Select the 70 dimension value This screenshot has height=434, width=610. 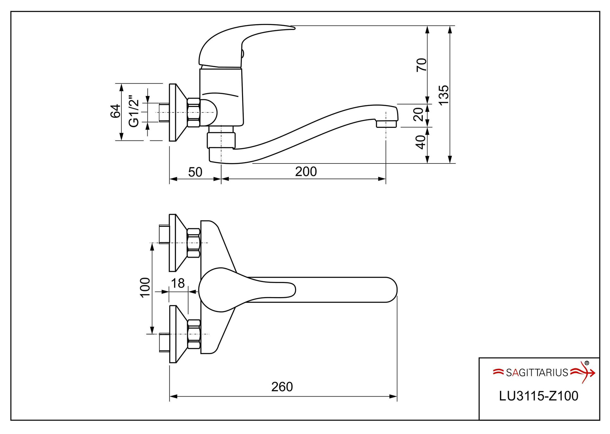click(x=422, y=65)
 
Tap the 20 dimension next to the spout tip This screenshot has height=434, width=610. click(x=418, y=114)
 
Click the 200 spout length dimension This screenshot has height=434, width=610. click(x=306, y=172)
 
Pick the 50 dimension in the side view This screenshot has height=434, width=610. click(x=195, y=172)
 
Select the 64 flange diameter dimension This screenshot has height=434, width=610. click(x=116, y=111)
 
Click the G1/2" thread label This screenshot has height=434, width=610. click(x=134, y=111)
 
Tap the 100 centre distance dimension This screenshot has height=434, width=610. click(x=145, y=288)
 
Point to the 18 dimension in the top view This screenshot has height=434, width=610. click(x=178, y=283)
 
